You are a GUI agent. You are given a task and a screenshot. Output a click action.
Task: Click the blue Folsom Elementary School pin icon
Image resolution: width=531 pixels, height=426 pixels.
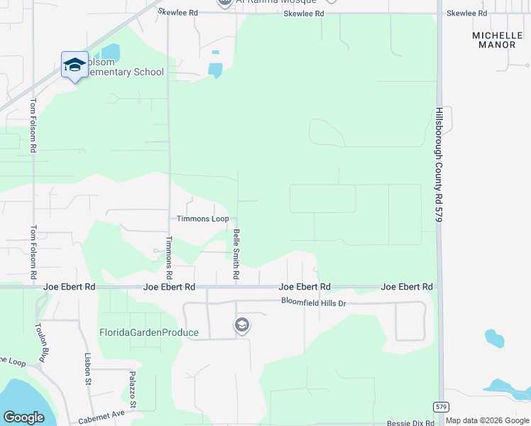point(75,65)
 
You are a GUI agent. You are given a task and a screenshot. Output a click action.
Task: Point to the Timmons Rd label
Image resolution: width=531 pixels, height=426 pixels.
point(168,257)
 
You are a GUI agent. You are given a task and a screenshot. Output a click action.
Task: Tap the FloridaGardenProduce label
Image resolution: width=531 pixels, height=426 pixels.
point(149,332)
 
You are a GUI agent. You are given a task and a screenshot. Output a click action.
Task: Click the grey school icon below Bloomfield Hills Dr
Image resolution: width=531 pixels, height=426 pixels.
point(241,325)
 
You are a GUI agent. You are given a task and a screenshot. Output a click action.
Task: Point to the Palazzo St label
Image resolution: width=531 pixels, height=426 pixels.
point(133,390)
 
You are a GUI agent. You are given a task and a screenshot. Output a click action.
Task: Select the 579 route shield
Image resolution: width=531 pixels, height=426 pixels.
point(440,406)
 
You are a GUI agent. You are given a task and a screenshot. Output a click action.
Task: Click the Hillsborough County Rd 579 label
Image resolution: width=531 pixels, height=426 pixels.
point(439,165)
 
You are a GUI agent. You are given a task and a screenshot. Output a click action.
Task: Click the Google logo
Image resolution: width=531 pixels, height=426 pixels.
point(23,417)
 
